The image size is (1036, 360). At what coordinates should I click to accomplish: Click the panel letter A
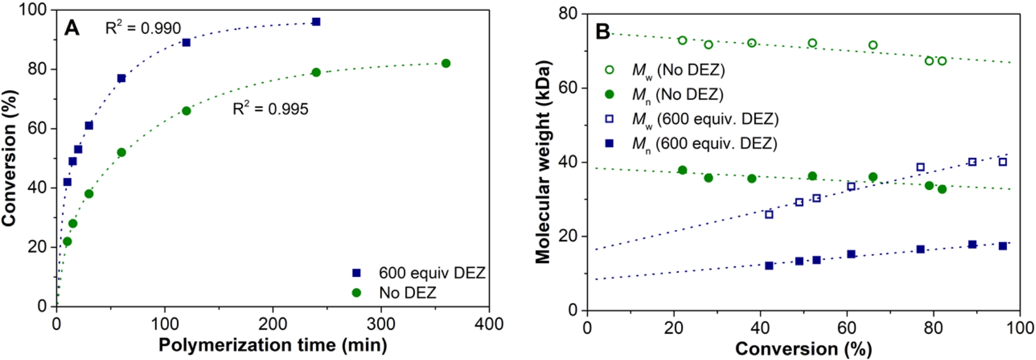coord(72,28)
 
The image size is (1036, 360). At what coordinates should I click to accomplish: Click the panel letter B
coord(603,31)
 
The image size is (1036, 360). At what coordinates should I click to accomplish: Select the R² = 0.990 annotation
coord(143,28)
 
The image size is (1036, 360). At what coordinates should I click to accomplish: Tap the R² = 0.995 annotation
coord(270,109)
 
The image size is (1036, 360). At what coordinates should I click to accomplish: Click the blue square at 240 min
coord(316,22)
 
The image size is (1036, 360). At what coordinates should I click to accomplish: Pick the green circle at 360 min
coord(446,64)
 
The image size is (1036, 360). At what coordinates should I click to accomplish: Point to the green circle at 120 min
coord(186,111)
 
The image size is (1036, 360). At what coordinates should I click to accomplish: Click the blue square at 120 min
coord(186,43)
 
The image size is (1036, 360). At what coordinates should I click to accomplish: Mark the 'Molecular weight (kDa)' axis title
coord(543,162)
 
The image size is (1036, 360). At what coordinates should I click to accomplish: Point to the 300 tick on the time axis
coord(381,324)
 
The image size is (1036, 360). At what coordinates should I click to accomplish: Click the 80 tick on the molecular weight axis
coord(568,13)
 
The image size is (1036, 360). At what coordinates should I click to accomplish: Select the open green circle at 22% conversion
coord(683,40)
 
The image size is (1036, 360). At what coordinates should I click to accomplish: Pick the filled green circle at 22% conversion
coord(683,171)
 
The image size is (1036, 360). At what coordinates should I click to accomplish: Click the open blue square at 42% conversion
coord(769,215)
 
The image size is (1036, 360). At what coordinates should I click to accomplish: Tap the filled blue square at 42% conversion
coord(769,266)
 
